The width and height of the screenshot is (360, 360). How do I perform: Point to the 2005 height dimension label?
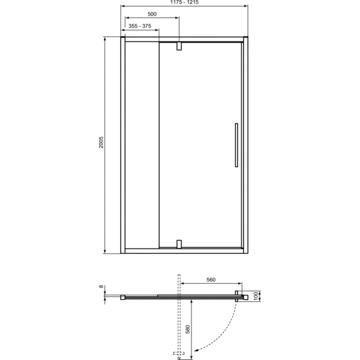(x=101, y=143)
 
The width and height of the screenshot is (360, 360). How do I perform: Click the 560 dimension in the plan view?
(x=209, y=280)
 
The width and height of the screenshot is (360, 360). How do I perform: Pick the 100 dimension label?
(x=255, y=296)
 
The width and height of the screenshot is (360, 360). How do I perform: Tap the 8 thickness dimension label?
(x=101, y=287)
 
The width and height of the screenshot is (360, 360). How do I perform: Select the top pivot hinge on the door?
(x=178, y=46)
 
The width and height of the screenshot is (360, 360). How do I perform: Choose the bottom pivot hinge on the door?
(x=178, y=244)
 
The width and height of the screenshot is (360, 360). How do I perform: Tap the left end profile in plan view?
(x=123, y=296)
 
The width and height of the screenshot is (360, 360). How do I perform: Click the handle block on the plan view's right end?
(x=238, y=295)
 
